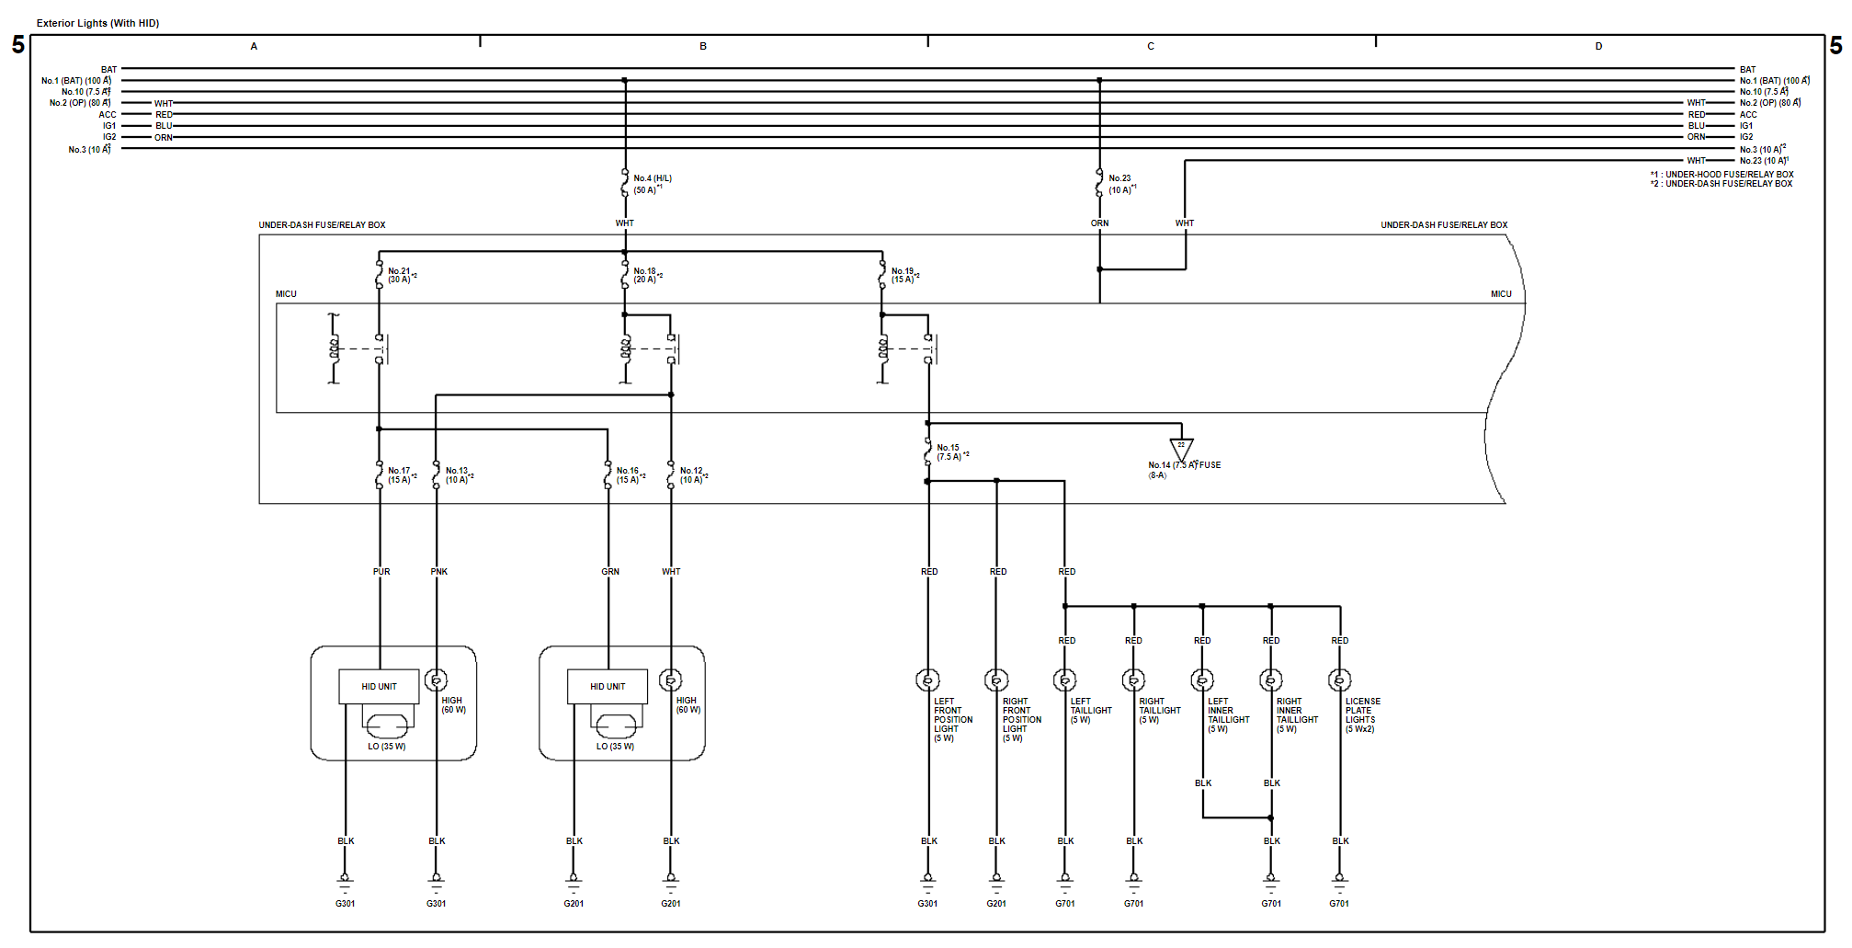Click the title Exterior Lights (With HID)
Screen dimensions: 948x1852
point(97,23)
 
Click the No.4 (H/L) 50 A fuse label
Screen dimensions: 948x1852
point(652,184)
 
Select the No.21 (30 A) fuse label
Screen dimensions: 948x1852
point(400,275)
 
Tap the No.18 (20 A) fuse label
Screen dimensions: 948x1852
point(646,275)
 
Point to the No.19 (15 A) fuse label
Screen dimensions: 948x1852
point(903,275)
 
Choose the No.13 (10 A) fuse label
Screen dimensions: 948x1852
point(458,474)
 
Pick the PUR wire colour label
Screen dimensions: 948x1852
point(381,572)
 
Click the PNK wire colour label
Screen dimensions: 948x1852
point(438,572)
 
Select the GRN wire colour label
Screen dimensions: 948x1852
point(610,572)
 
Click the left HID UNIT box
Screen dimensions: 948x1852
point(379,687)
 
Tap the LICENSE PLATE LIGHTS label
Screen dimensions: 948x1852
point(1362,714)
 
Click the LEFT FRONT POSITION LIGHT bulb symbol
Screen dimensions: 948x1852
point(927,680)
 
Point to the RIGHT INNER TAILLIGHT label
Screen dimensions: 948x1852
point(1296,714)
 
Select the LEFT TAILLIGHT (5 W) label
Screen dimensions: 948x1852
point(1090,710)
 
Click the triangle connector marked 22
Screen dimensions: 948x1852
point(1181,449)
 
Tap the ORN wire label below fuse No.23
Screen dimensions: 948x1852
point(1099,223)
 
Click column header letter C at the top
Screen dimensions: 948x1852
point(1150,46)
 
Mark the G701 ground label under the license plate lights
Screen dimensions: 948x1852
point(1339,904)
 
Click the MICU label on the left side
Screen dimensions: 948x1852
point(286,294)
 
